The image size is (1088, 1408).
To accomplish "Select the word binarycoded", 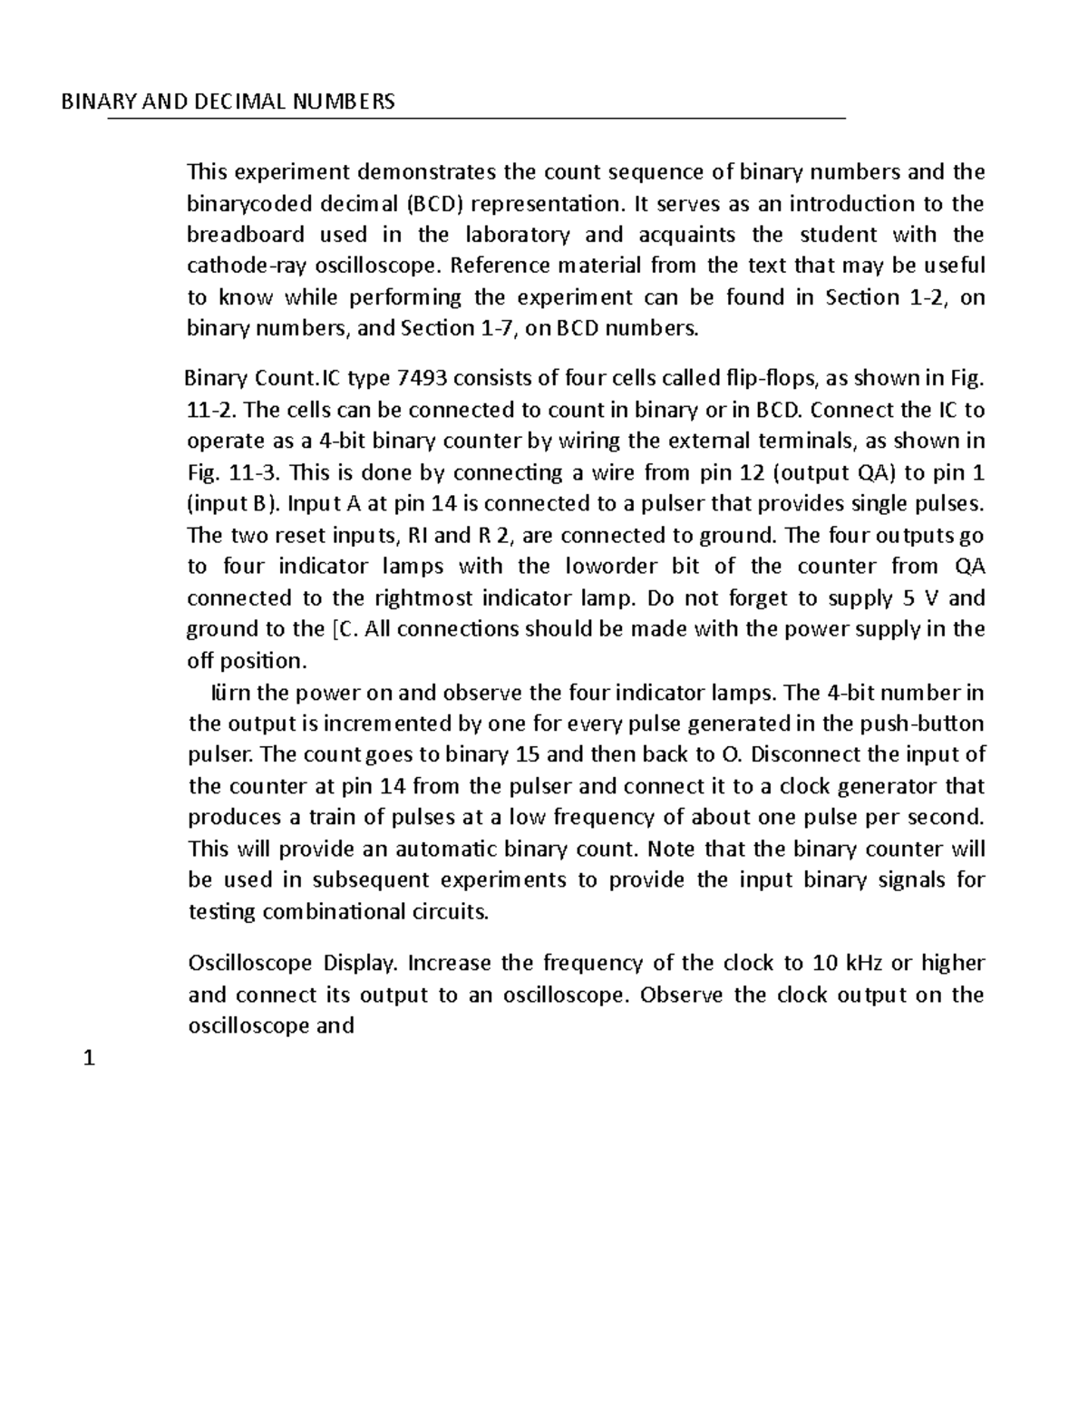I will [242, 203].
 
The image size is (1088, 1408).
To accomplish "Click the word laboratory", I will [518, 235].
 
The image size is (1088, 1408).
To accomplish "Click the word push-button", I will [937, 723].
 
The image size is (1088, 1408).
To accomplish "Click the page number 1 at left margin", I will [88, 1058].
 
